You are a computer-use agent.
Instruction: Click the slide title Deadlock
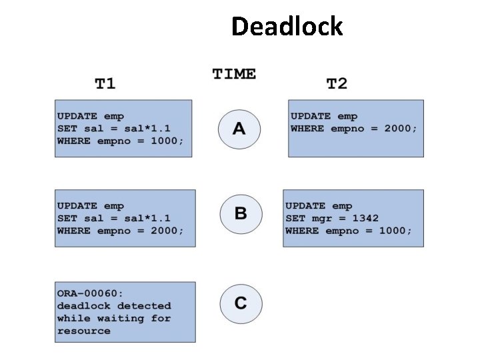[x=287, y=27]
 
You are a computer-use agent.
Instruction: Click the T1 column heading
[x=105, y=83]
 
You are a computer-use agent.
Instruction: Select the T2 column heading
[x=337, y=83]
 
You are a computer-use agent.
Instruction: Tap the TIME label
[x=234, y=73]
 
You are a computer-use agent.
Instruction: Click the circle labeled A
[x=239, y=128]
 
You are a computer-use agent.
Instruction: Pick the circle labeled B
[x=240, y=213]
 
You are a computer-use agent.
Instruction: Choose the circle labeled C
[x=240, y=303]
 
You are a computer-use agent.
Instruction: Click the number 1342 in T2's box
[x=366, y=218]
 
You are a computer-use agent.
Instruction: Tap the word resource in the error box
[x=83, y=331]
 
